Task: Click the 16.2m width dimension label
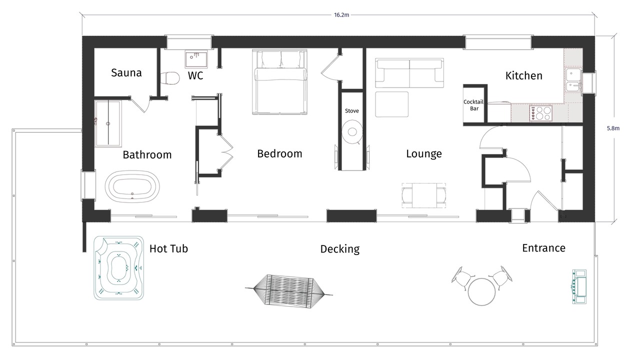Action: click(x=341, y=15)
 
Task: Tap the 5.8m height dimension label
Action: click(x=613, y=128)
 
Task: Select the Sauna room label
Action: click(x=126, y=73)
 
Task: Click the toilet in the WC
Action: click(x=169, y=78)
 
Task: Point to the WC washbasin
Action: click(x=196, y=59)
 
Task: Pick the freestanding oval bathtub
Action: click(x=132, y=187)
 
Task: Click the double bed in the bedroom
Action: click(x=279, y=82)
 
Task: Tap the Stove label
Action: click(x=351, y=111)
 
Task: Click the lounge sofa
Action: click(x=409, y=73)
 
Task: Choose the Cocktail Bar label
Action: click(x=473, y=105)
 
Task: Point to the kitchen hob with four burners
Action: click(x=540, y=113)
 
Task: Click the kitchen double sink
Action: click(x=573, y=79)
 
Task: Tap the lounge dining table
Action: click(x=424, y=195)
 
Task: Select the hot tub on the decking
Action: click(x=119, y=268)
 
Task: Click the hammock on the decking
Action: click(x=289, y=291)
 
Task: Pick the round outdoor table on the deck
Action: click(x=481, y=291)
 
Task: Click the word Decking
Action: click(x=340, y=249)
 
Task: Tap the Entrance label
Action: click(x=543, y=248)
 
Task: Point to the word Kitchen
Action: click(x=524, y=75)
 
